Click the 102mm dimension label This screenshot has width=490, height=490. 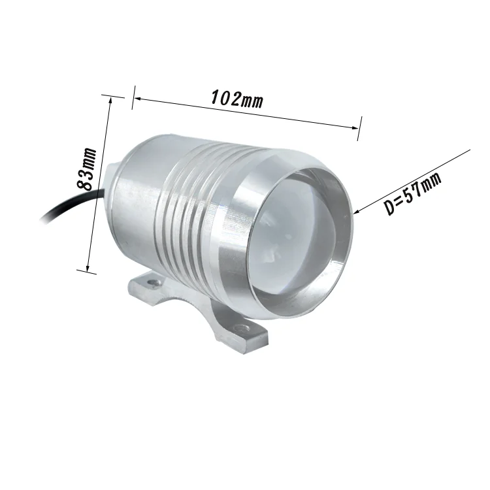(x=237, y=99)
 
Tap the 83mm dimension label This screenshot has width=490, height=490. (x=86, y=169)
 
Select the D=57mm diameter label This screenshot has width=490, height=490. (x=412, y=193)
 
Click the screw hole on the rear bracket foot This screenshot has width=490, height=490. (x=154, y=282)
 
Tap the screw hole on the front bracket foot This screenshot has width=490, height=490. (x=242, y=328)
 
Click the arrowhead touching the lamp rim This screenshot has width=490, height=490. (x=357, y=211)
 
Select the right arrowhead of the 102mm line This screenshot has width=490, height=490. (x=355, y=127)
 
